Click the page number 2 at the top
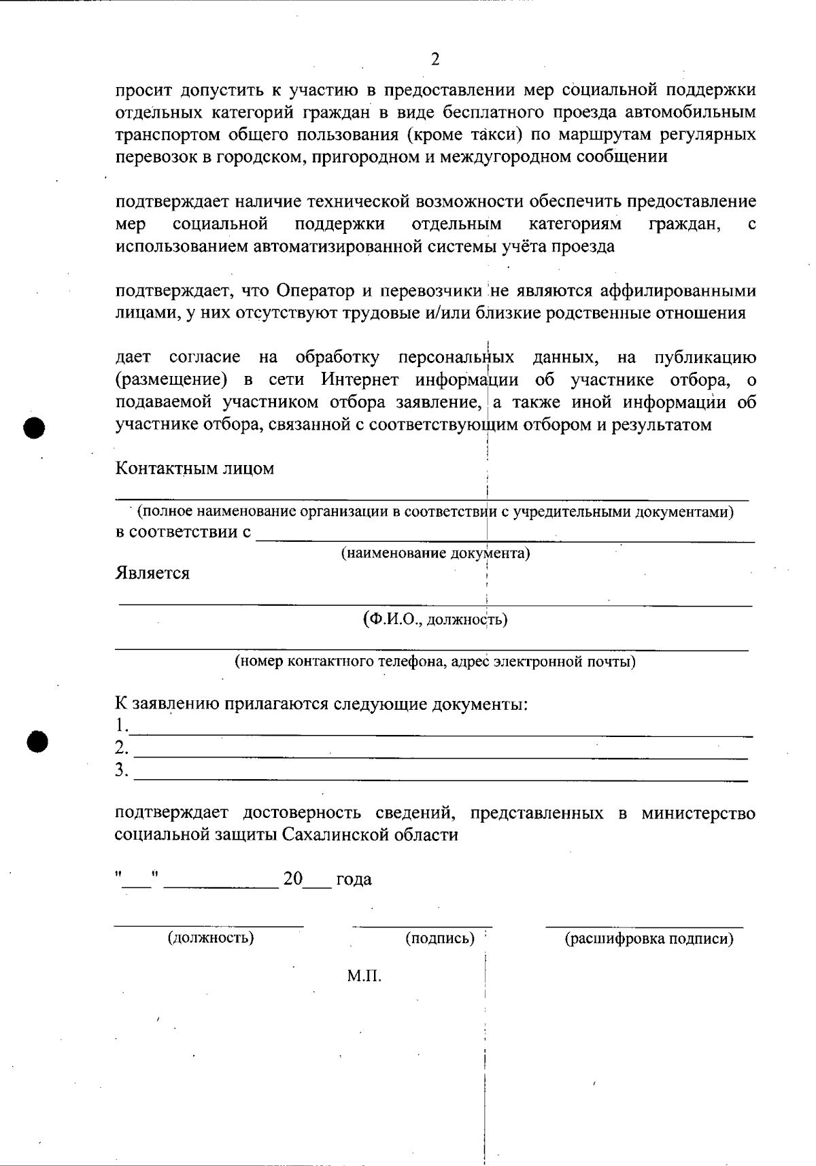pyautogui.click(x=435, y=59)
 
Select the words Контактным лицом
pyautogui.click(x=194, y=468)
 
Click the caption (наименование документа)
pyautogui.click(x=435, y=553)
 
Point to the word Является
pyautogui.click(x=152, y=573)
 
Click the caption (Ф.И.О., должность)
pyautogui.click(x=435, y=619)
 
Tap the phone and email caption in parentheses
pyautogui.click(x=435, y=661)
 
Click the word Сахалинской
pyautogui.click(x=339, y=835)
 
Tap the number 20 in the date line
pyautogui.click(x=293, y=879)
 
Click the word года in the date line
pyautogui.click(x=354, y=880)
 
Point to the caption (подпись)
pyautogui.click(x=440, y=938)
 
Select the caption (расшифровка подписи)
pyautogui.click(x=649, y=939)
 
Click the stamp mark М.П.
pyautogui.click(x=364, y=977)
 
